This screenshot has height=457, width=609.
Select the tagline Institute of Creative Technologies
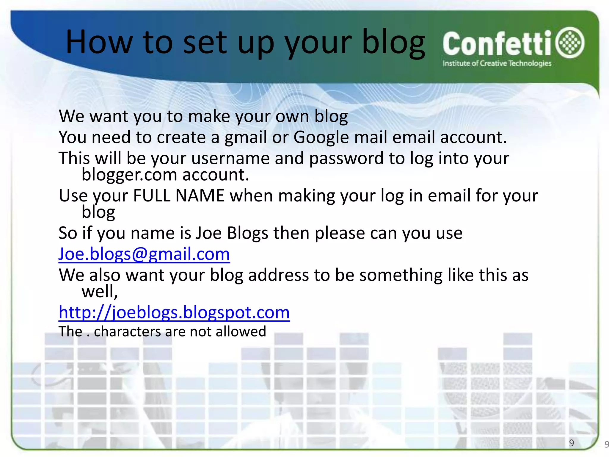click(x=497, y=63)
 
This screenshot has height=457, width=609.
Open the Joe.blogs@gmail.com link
click(x=144, y=254)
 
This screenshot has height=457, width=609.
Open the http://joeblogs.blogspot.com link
click(x=174, y=312)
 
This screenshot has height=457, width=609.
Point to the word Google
click(x=321, y=138)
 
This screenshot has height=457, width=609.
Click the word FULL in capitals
click(x=152, y=196)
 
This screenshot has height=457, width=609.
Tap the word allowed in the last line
click(x=241, y=331)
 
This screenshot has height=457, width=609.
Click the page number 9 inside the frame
click(x=571, y=443)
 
